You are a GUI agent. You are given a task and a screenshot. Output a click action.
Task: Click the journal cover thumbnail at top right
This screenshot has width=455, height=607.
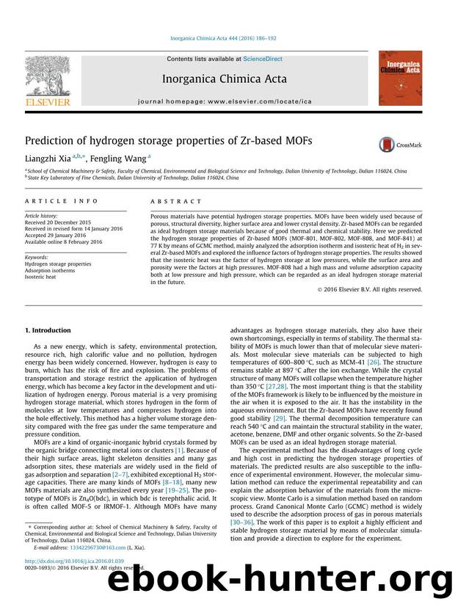pyautogui.click(x=400, y=78)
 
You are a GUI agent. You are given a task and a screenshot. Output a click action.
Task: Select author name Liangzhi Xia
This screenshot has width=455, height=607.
pyautogui.click(x=49, y=157)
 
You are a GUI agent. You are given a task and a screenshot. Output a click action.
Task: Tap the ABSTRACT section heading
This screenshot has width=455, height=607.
pyautogui.click(x=175, y=201)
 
